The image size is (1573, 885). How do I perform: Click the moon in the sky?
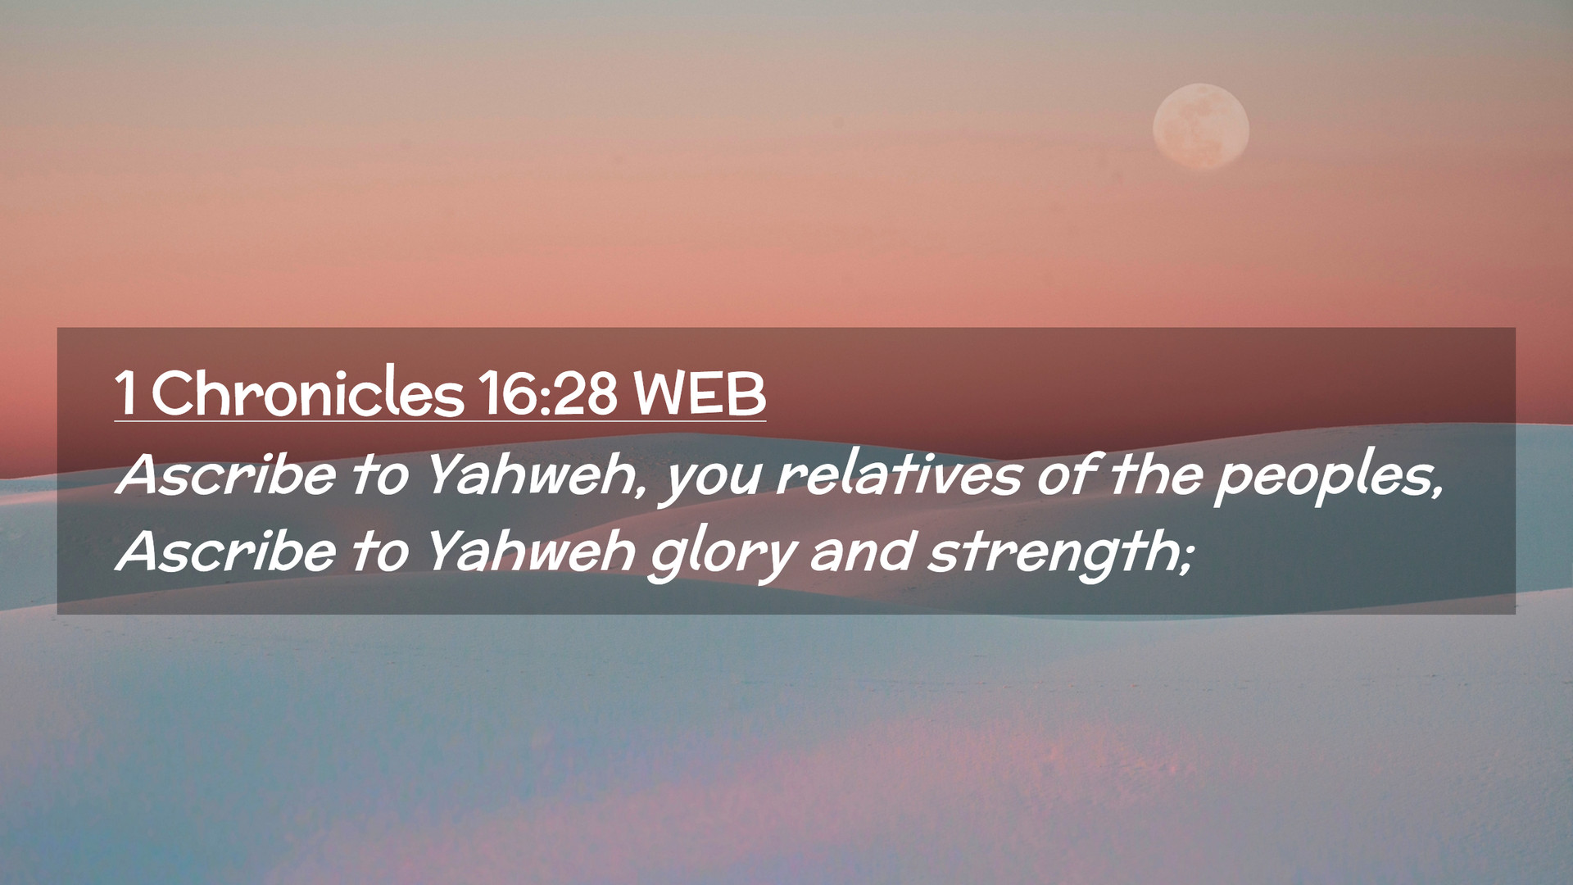pyautogui.click(x=1201, y=126)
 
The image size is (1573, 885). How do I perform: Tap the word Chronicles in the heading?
pyautogui.click(x=307, y=393)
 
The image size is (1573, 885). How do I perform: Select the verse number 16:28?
pyautogui.click(x=548, y=393)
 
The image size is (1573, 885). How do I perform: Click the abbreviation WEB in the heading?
pyautogui.click(x=700, y=393)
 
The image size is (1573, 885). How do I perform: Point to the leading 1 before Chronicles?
pyautogui.click(x=125, y=393)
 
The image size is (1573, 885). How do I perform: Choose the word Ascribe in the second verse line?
pyautogui.click(x=226, y=550)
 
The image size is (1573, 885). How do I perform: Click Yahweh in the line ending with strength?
pyautogui.click(x=531, y=550)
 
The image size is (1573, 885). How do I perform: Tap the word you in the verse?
pyautogui.click(x=711, y=483)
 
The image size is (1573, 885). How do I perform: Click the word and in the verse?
pyautogui.click(x=862, y=550)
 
